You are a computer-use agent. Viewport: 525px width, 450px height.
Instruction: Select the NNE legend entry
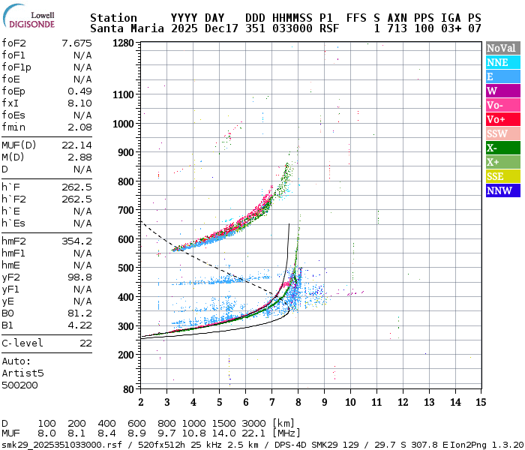501,62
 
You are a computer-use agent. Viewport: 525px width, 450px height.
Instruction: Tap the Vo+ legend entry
501,119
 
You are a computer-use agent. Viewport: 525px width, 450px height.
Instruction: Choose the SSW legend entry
501,133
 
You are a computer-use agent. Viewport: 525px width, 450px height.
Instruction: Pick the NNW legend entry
501,190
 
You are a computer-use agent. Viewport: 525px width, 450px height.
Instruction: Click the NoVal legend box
501,48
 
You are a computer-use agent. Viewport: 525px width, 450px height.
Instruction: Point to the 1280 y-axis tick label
124,43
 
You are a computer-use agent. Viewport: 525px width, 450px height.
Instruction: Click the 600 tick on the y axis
127,239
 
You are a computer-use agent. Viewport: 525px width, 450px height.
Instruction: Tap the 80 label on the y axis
129,388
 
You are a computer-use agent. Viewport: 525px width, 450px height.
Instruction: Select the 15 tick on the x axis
481,403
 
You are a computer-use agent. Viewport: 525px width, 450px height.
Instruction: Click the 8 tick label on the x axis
298,403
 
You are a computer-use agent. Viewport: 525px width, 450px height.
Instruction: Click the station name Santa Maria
124,28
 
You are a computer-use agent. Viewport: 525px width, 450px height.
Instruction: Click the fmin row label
13,127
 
